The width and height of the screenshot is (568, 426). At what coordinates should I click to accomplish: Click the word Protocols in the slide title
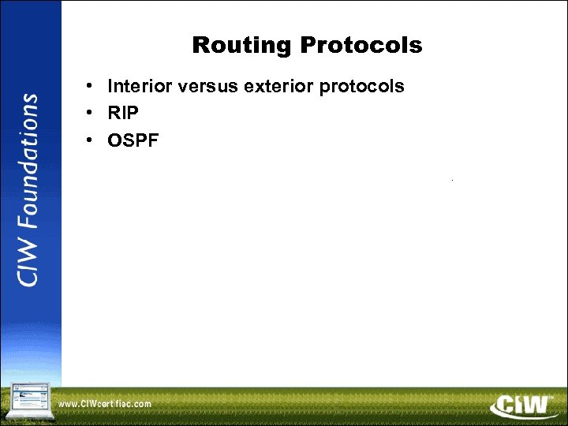(x=361, y=46)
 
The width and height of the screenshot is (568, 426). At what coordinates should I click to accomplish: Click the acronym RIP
(x=123, y=113)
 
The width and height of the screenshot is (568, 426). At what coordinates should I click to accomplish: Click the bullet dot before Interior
(x=92, y=86)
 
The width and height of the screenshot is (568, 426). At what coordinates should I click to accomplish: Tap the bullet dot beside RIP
(x=92, y=113)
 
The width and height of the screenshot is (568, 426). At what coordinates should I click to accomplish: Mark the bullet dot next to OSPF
(x=92, y=140)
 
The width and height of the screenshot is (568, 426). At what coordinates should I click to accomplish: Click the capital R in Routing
(x=200, y=46)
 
